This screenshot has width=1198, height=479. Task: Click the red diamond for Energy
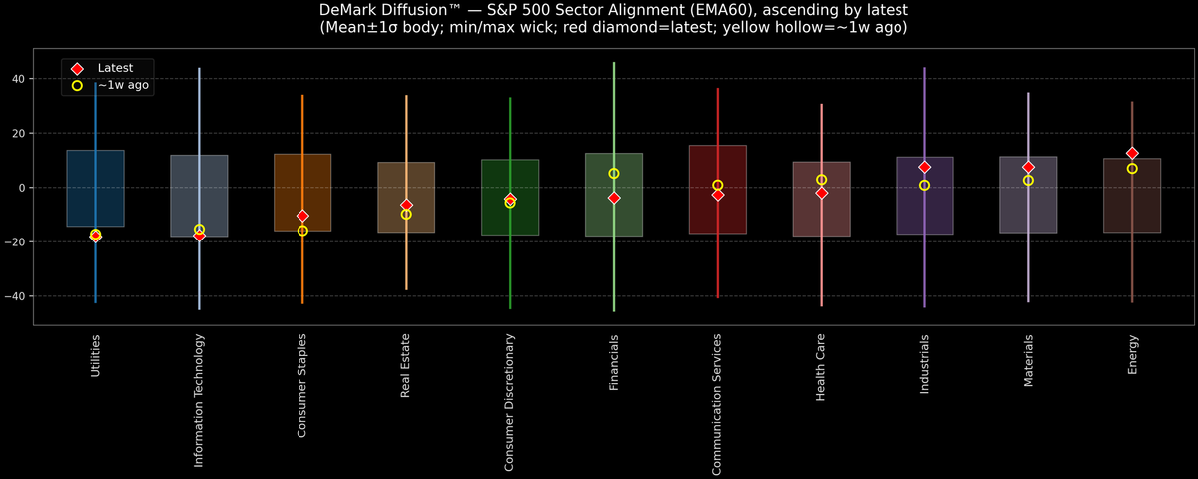pos(1132,153)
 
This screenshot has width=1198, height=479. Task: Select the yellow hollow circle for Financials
pos(614,174)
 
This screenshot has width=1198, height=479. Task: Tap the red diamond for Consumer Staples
pos(302,216)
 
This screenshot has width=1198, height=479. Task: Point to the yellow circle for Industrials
pos(924,185)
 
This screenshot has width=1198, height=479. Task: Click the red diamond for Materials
pos(1028,167)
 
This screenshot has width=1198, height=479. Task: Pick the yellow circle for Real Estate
pos(406,214)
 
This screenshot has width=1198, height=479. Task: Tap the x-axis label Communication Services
pos(718,404)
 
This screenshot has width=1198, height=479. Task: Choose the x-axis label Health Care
pos(821,368)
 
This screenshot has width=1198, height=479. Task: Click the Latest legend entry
pos(112,67)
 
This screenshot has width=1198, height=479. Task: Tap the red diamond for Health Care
pos(821,193)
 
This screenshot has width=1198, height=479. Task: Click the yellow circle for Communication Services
pos(718,185)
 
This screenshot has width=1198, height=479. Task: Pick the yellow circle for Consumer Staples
pos(302,231)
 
